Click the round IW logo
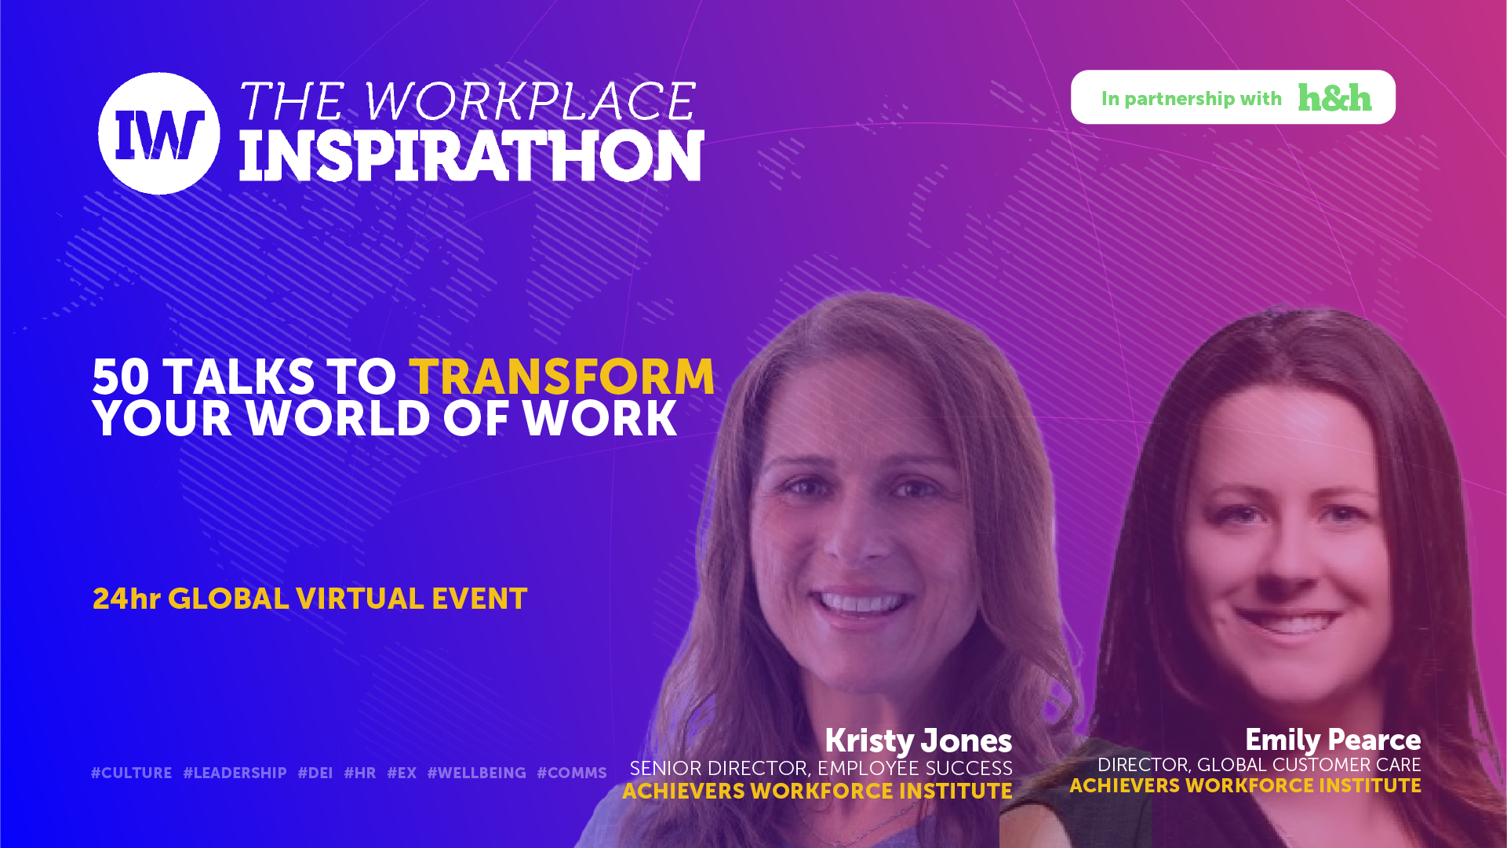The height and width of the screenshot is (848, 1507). [x=159, y=133]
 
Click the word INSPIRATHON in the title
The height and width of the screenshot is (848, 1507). [x=471, y=156]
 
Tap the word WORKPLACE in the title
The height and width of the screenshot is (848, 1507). [x=530, y=101]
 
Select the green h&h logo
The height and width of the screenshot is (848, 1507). [x=1334, y=97]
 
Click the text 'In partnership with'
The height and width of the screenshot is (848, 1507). [x=1191, y=99]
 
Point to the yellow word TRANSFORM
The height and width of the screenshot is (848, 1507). [x=562, y=377]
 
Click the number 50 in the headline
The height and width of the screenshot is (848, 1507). [x=121, y=377]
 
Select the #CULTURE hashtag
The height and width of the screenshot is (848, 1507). [x=131, y=773]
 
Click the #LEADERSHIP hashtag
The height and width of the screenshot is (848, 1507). [x=235, y=773]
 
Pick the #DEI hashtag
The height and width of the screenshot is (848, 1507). [x=315, y=773]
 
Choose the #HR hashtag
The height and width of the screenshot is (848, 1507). [x=360, y=773]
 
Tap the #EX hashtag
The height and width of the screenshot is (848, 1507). [x=402, y=773]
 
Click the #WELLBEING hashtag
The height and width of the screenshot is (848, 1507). [x=477, y=773]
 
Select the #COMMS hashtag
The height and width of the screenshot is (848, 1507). [x=572, y=773]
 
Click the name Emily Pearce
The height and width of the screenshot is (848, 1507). [x=1333, y=740]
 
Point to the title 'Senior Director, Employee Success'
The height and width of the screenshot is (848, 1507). [x=821, y=768]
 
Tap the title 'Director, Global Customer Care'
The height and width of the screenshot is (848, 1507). [x=1259, y=765]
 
